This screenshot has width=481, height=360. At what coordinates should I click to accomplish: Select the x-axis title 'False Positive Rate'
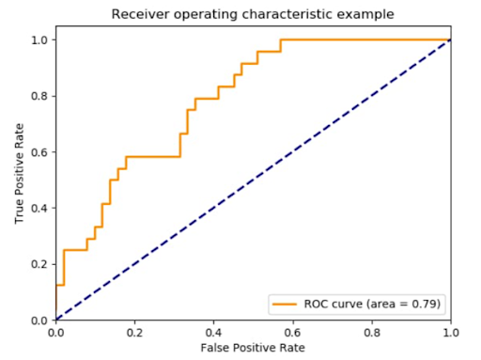[x=253, y=348]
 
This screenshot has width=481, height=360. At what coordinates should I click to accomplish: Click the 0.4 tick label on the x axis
[x=214, y=332]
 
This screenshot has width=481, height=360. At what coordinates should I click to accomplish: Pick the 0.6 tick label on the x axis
[x=293, y=332]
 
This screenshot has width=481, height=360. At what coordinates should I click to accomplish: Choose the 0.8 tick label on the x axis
[x=372, y=332]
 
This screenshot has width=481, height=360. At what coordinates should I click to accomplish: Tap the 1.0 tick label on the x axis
[x=451, y=332]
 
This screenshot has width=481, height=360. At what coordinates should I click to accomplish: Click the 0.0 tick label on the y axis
[x=40, y=320]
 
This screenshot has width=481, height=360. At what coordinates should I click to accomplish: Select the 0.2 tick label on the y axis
[x=40, y=264]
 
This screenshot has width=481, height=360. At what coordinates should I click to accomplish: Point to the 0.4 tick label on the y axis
[x=40, y=208]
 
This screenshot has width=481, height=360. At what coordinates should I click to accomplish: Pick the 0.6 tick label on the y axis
[x=40, y=151]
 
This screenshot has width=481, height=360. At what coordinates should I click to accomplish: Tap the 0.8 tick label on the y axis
[x=40, y=96]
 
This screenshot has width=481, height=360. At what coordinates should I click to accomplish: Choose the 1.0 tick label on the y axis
[x=40, y=39]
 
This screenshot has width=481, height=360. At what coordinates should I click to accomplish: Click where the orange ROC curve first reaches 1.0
[x=281, y=39]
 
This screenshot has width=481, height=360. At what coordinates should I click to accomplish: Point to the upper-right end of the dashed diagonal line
[x=451, y=39]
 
